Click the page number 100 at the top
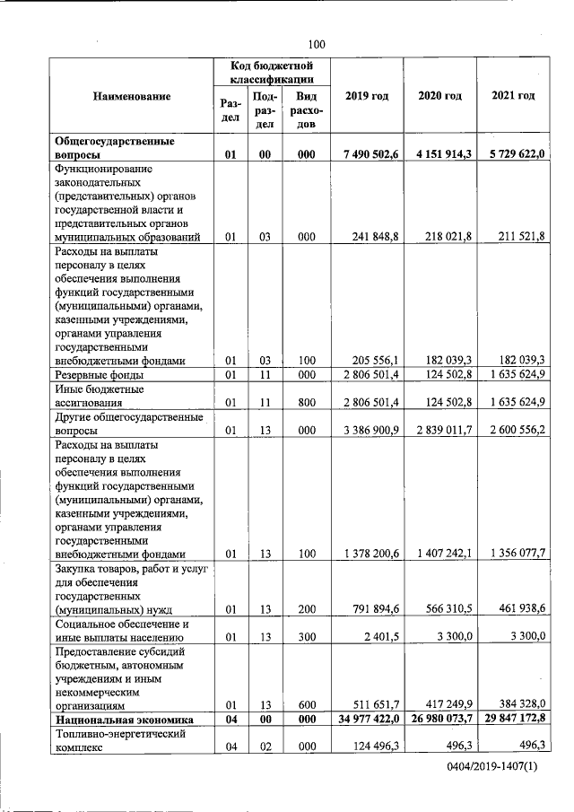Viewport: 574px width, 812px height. tap(315, 45)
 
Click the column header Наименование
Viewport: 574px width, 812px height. tap(132, 96)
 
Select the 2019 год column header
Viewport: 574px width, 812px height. tap(366, 96)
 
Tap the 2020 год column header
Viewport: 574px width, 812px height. tap(439, 96)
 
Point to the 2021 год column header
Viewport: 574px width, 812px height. tap(514, 96)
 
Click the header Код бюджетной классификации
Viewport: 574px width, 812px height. tap(270, 72)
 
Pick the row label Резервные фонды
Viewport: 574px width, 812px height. tap(100, 374)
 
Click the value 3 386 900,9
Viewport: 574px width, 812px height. tap(371, 430)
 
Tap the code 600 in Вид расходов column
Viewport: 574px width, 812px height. tap(306, 705)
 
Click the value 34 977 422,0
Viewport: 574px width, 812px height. tap(368, 720)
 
